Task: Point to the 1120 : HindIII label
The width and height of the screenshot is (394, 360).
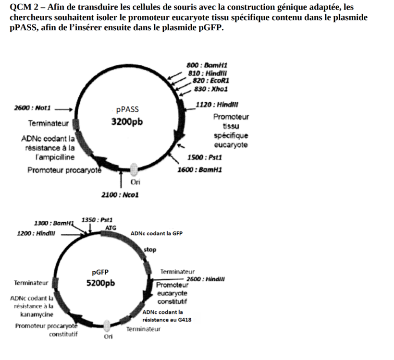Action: [x=217, y=105]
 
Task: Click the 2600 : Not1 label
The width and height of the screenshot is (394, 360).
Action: [x=32, y=108]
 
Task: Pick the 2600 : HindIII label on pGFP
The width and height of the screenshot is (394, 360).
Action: [x=206, y=279]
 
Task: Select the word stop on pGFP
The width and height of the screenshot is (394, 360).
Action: [x=150, y=250]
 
